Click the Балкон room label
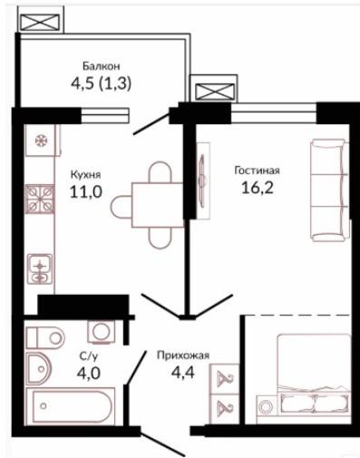pyautogui.click(x=102, y=66)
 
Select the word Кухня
pyautogui.click(x=86, y=175)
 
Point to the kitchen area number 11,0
pyautogui.click(x=86, y=191)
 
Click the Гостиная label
pyautogui.click(x=258, y=171)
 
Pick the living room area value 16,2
pyautogui.click(x=258, y=188)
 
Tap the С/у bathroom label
pyautogui.click(x=89, y=357)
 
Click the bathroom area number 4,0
pyautogui.click(x=88, y=374)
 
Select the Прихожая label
pyautogui.click(x=183, y=356)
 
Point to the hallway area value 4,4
pyautogui.click(x=183, y=373)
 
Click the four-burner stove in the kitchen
pyautogui.click(x=40, y=199)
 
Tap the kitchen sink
pyautogui.click(x=40, y=268)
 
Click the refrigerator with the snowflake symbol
pyautogui.click(x=40, y=141)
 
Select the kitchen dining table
pyautogui.click(x=158, y=205)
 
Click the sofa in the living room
pyautogui.click(x=329, y=190)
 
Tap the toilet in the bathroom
pyautogui.click(x=45, y=337)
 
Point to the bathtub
pyautogui.click(x=71, y=407)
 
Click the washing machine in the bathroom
pyautogui.click(x=102, y=332)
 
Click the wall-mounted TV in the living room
pyautogui.click(x=202, y=180)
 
